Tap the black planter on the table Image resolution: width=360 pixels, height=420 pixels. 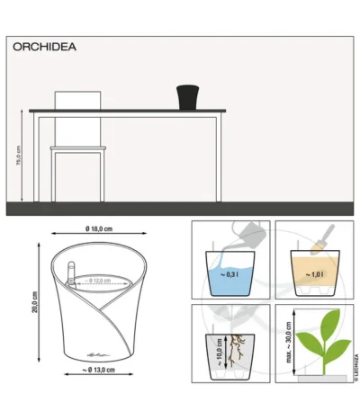(187, 96)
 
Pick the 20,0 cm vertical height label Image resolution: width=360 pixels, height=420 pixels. (34, 301)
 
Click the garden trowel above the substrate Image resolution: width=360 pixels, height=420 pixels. (322, 237)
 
